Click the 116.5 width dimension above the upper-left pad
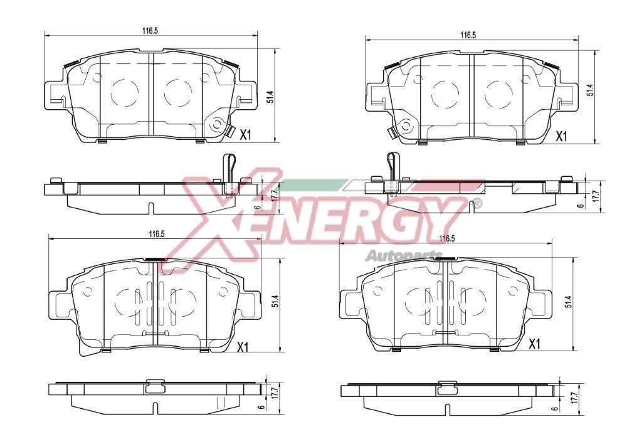pyautogui.click(x=150, y=31)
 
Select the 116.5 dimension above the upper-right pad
pyautogui.click(x=468, y=35)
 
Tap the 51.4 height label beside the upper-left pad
pyautogui.click(x=270, y=97)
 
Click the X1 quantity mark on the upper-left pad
pyautogui.click(x=245, y=135)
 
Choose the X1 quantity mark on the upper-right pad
pyautogui.click(x=561, y=136)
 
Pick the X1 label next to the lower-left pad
pyautogui.click(x=243, y=348)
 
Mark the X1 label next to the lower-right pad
pyautogui.click(x=535, y=344)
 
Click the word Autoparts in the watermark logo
pyautogui.click(x=404, y=256)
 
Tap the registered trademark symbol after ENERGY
pyautogui.click(x=477, y=203)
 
